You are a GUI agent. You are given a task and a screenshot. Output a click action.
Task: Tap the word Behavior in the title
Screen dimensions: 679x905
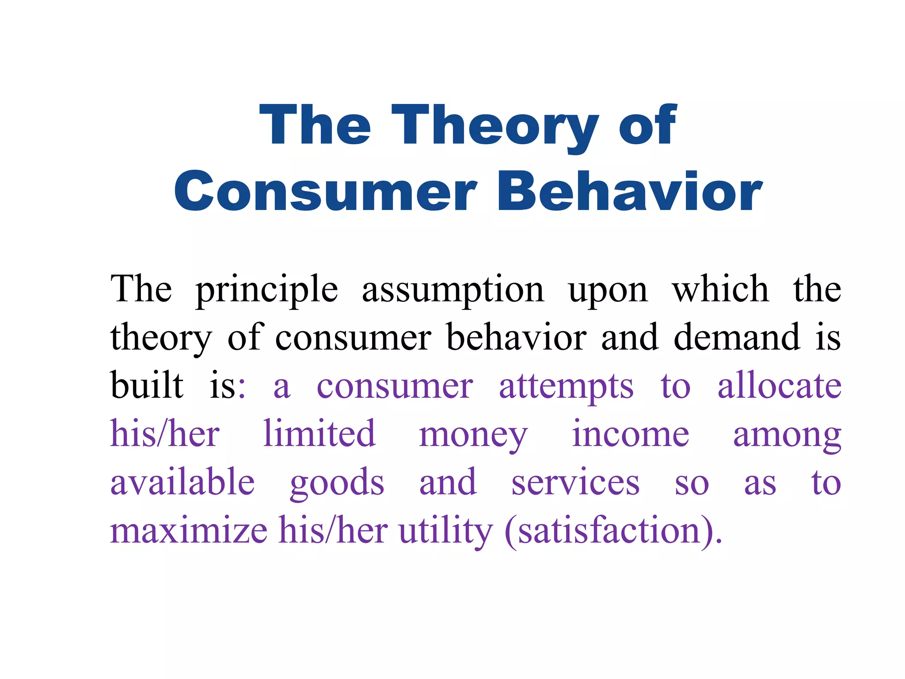click(x=629, y=192)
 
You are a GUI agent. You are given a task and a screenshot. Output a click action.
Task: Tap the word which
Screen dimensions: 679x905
click(x=720, y=289)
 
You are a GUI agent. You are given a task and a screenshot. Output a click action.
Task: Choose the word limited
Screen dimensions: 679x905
click(x=319, y=434)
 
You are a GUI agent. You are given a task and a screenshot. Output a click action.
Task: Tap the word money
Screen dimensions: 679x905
click(x=473, y=436)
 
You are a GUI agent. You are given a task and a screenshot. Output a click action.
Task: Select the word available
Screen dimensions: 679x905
click(x=183, y=482)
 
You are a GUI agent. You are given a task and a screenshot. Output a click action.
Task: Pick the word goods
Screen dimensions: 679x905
click(x=337, y=484)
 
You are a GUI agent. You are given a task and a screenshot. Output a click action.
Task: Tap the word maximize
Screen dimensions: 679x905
click(x=189, y=530)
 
